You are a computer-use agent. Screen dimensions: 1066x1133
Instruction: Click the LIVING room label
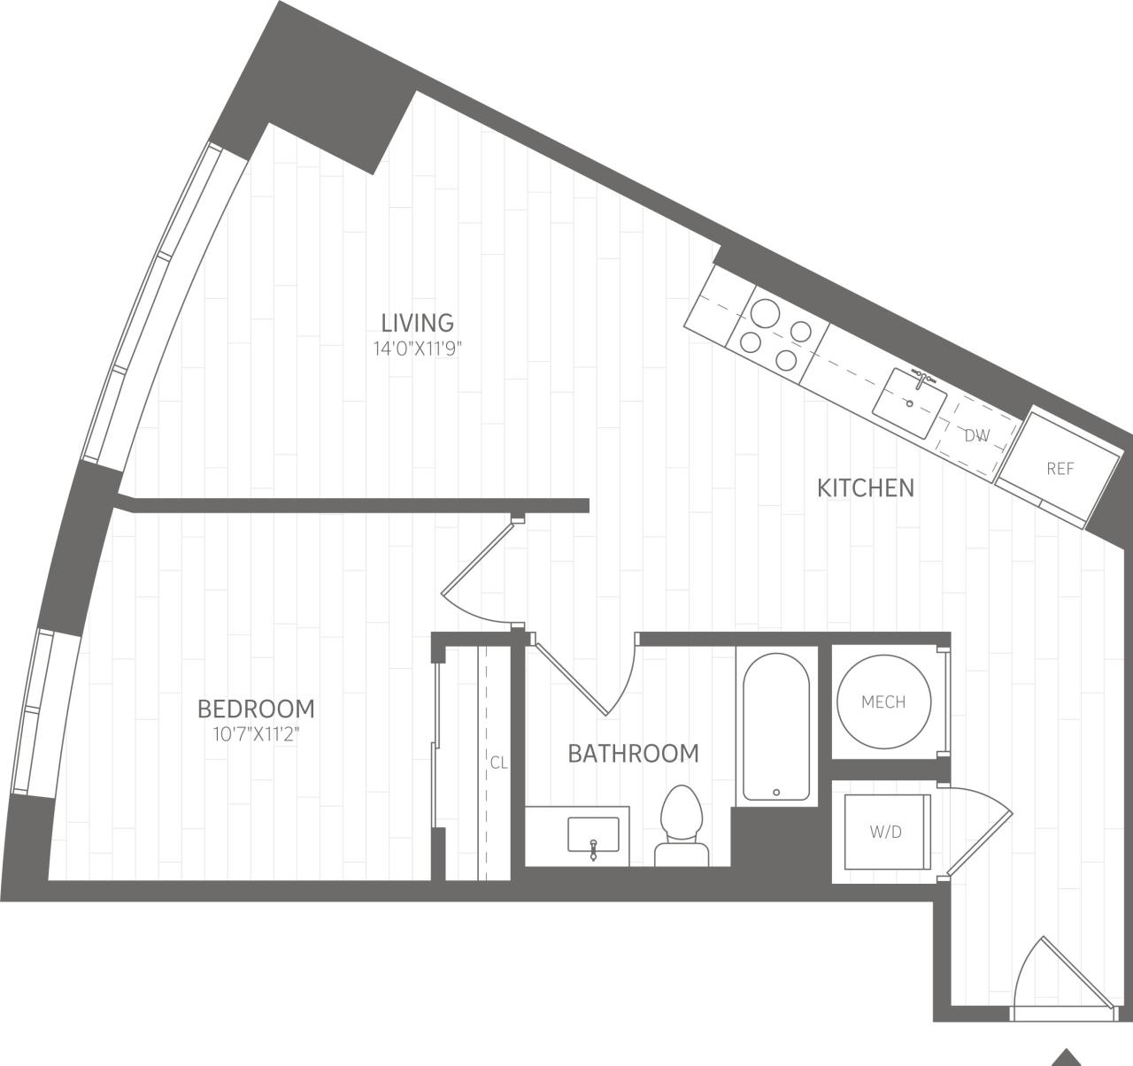[417, 322]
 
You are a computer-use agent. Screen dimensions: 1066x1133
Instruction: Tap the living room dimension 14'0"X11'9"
[418, 349]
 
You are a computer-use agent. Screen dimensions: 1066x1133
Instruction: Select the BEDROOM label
[256, 709]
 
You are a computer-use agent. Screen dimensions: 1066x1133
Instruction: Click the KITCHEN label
[865, 488]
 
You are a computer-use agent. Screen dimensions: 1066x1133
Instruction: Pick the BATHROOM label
[633, 754]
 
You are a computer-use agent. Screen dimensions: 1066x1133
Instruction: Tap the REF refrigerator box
[1059, 469]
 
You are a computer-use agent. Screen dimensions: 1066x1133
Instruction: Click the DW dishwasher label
[976, 435]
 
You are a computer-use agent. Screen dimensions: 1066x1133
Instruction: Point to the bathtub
[775, 725]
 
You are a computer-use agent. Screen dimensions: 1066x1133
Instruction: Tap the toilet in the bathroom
[682, 823]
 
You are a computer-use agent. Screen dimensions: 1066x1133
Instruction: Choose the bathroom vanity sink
[593, 836]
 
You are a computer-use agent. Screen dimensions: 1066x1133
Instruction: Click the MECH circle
[883, 702]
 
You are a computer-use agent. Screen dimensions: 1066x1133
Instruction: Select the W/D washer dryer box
[885, 832]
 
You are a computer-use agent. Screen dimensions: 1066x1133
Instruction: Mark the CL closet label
[498, 763]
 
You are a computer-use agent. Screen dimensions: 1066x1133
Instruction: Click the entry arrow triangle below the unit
[1067, 1057]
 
